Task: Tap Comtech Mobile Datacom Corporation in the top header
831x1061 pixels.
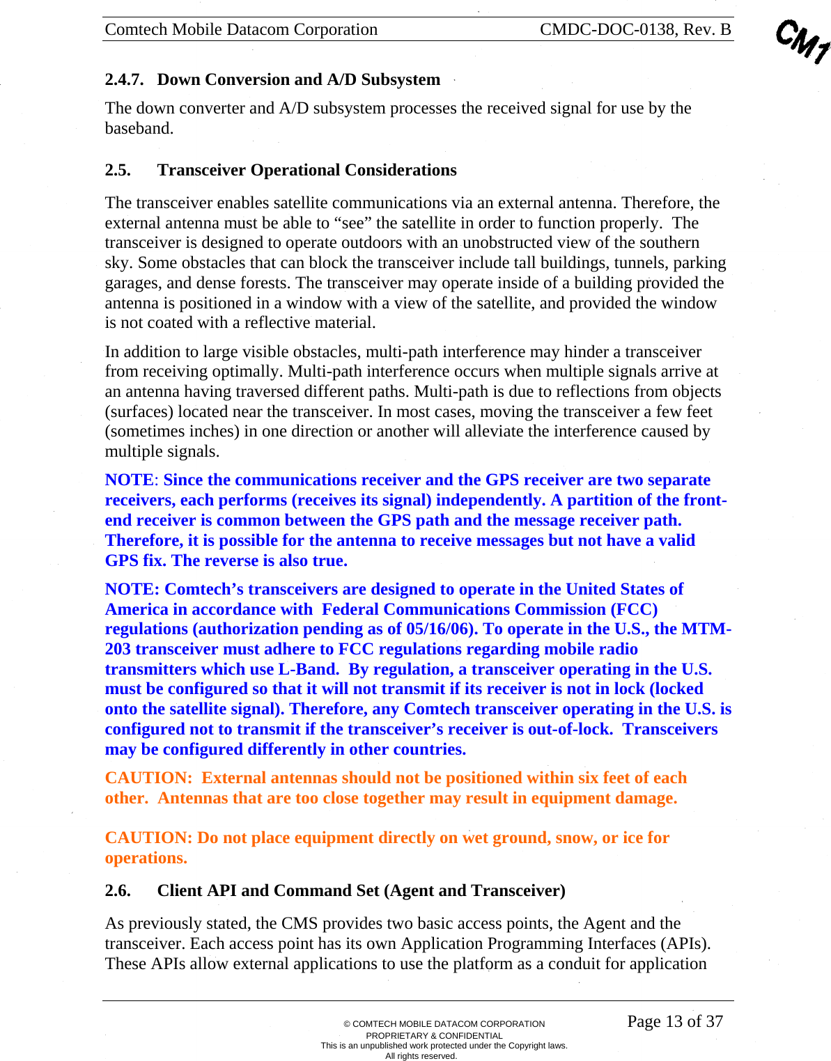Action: tap(241, 29)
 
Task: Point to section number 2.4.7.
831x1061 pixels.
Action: tap(124, 79)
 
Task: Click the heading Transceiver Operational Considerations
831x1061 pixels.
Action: tap(306, 170)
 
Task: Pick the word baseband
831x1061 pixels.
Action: tap(138, 128)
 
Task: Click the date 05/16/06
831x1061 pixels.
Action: tap(442, 629)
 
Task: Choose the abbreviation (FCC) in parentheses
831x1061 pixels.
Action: tap(634, 609)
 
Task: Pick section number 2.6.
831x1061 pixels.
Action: tap(118, 890)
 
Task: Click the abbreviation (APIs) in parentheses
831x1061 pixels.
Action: tap(685, 943)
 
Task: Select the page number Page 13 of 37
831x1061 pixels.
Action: tap(675, 1021)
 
